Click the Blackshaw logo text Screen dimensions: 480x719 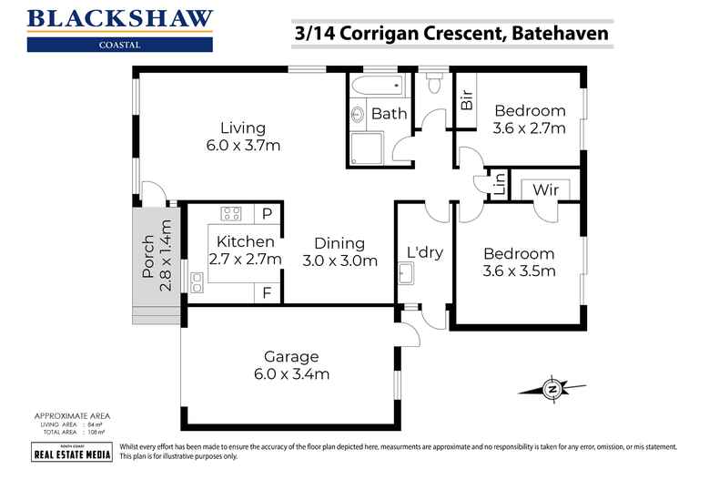pos(120,17)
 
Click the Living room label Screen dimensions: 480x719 pos(242,128)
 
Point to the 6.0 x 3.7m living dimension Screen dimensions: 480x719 pos(242,145)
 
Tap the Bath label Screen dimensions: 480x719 pos(389,114)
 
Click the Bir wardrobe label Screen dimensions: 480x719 pos(467,100)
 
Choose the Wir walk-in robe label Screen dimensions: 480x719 pos(546,189)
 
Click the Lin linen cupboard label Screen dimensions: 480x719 pos(499,185)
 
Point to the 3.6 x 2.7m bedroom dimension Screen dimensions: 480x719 pos(530,128)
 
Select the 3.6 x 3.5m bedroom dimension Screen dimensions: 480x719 pos(519,271)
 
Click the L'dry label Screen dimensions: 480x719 pos(423,251)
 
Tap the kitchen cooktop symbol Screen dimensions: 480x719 pos(231,215)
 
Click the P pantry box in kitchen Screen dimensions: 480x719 pos(268,214)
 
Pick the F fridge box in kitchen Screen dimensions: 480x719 pos(268,292)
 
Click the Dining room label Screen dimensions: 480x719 pos(339,243)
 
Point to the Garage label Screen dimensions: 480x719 pos(292,356)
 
